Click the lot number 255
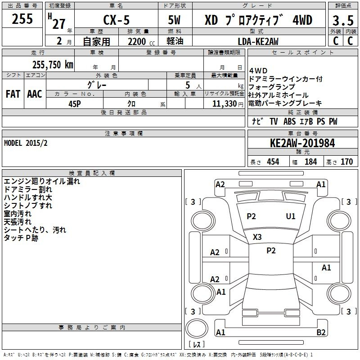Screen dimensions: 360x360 click(22, 19)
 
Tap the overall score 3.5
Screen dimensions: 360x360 click(342, 20)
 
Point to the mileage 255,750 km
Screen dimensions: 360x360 click(53, 64)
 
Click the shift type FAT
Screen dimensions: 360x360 click(13, 94)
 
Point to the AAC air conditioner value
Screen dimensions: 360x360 click(35, 94)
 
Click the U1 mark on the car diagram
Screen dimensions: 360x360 click(291, 216)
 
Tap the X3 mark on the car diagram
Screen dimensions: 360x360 click(257, 237)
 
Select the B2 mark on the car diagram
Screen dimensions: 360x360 click(321, 333)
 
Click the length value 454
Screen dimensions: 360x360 click(273, 162)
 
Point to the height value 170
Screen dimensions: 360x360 click(346, 162)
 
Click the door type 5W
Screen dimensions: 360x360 click(175, 20)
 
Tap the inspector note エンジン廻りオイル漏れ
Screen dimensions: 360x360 click(41, 181)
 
